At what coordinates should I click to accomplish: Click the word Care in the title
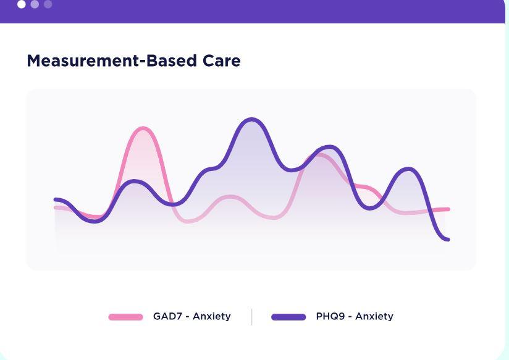223,61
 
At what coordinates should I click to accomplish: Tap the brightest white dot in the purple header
22,4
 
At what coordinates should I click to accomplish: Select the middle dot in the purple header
35,4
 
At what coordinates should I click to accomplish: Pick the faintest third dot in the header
48,4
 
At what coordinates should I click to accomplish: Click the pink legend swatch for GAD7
125,317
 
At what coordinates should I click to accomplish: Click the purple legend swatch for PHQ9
288,317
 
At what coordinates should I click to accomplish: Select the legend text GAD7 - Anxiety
191,316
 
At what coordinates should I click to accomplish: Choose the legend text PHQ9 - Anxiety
354,316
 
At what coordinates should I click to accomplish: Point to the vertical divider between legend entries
252,317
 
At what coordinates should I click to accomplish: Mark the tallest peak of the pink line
143,128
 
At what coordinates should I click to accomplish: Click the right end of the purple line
447,239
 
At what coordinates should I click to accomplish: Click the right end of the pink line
447,209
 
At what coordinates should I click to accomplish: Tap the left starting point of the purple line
56,199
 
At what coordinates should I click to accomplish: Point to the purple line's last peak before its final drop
408,168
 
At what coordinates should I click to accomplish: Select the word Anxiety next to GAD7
211,316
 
